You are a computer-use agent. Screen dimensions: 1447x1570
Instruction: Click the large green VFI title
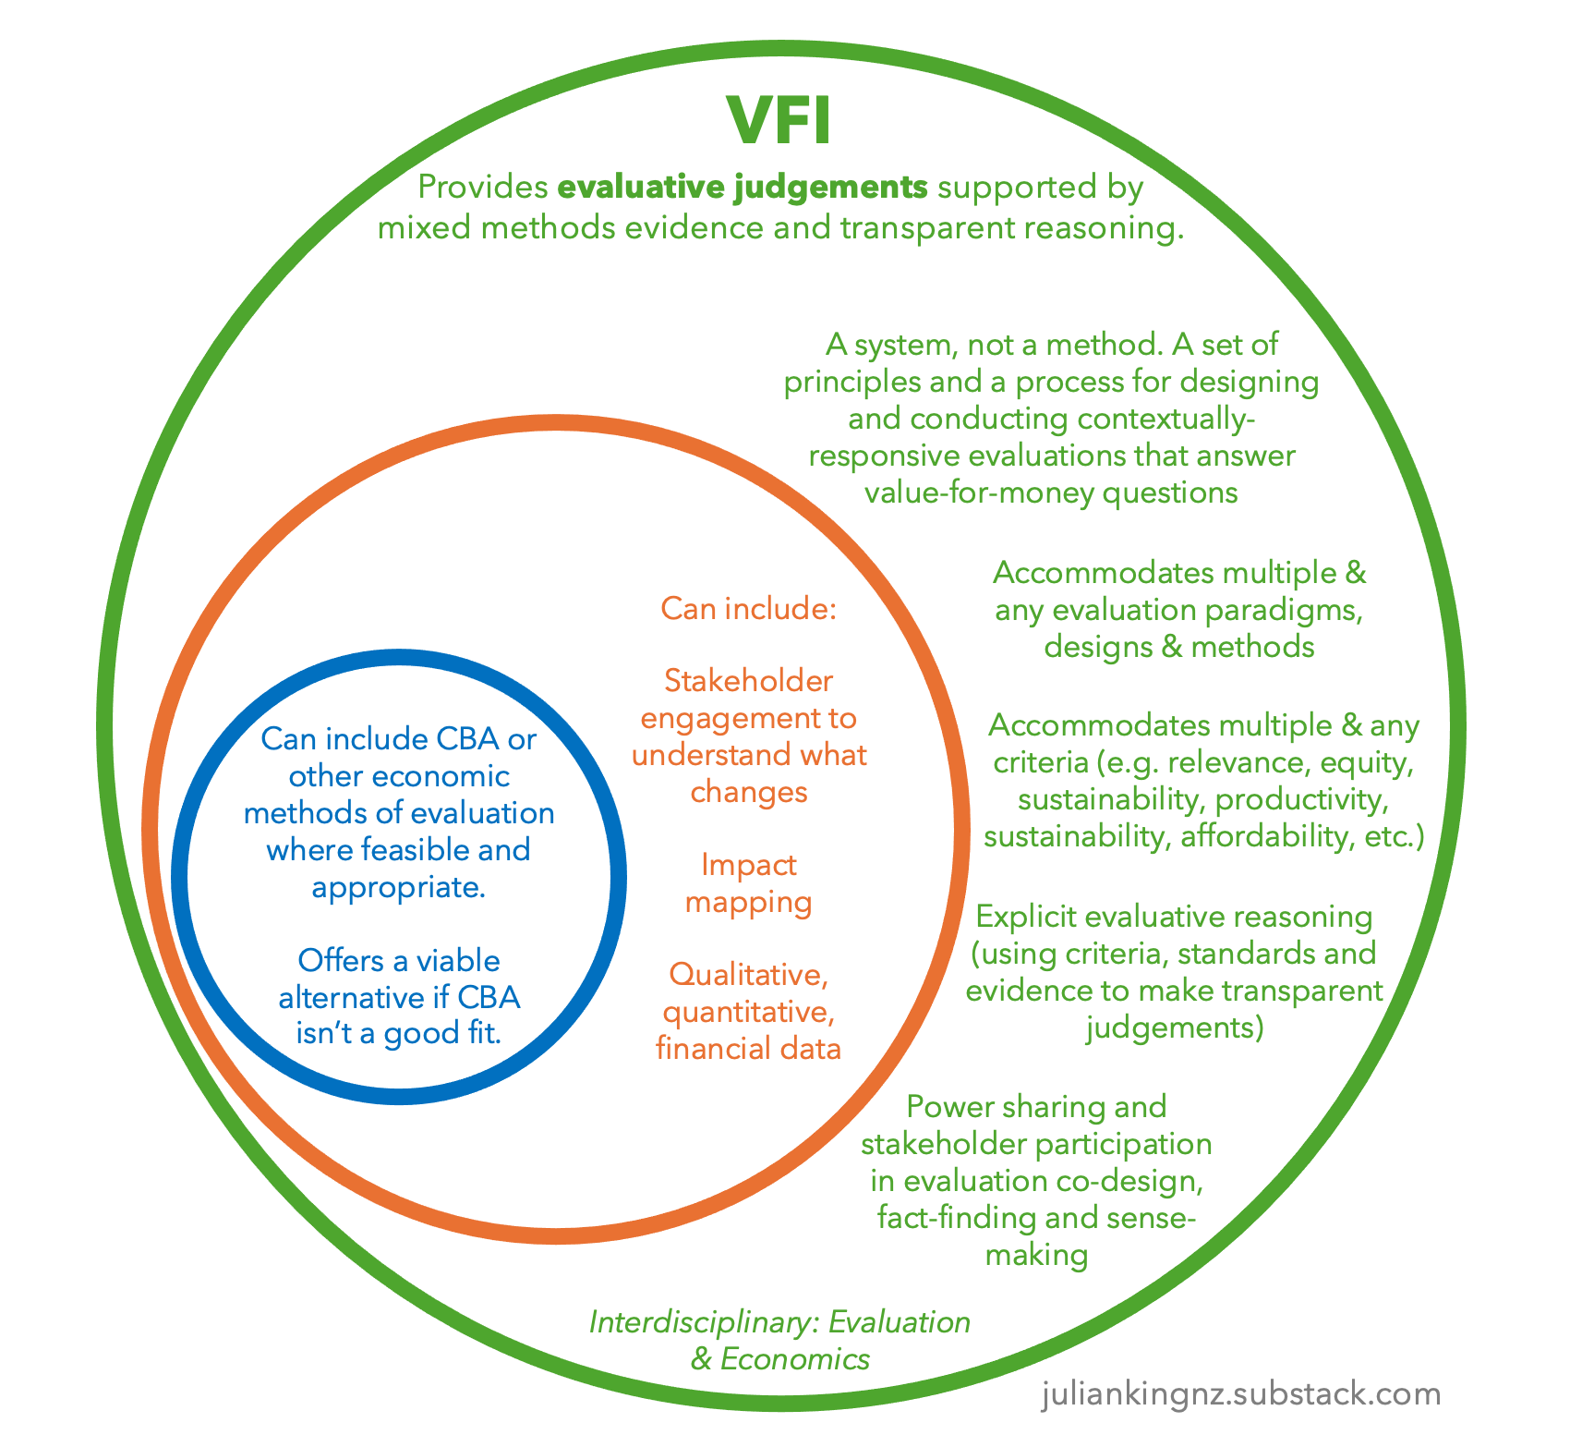pyautogui.click(x=779, y=121)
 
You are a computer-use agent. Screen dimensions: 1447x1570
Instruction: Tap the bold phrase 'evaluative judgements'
pyautogui.click(x=743, y=188)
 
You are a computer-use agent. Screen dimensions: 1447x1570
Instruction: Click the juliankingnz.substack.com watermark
pyautogui.click(x=1240, y=1393)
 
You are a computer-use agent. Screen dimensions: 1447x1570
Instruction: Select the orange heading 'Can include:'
pyautogui.click(x=748, y=609)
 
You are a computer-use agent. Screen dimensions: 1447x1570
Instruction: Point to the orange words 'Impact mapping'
pyautogui.click(x=748, y=883)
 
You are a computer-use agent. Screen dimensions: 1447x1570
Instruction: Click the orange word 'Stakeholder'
pyautogui.click(x=748, y=681)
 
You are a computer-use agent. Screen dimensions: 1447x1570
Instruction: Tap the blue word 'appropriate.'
pyautogui.click(x=398, y=887)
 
